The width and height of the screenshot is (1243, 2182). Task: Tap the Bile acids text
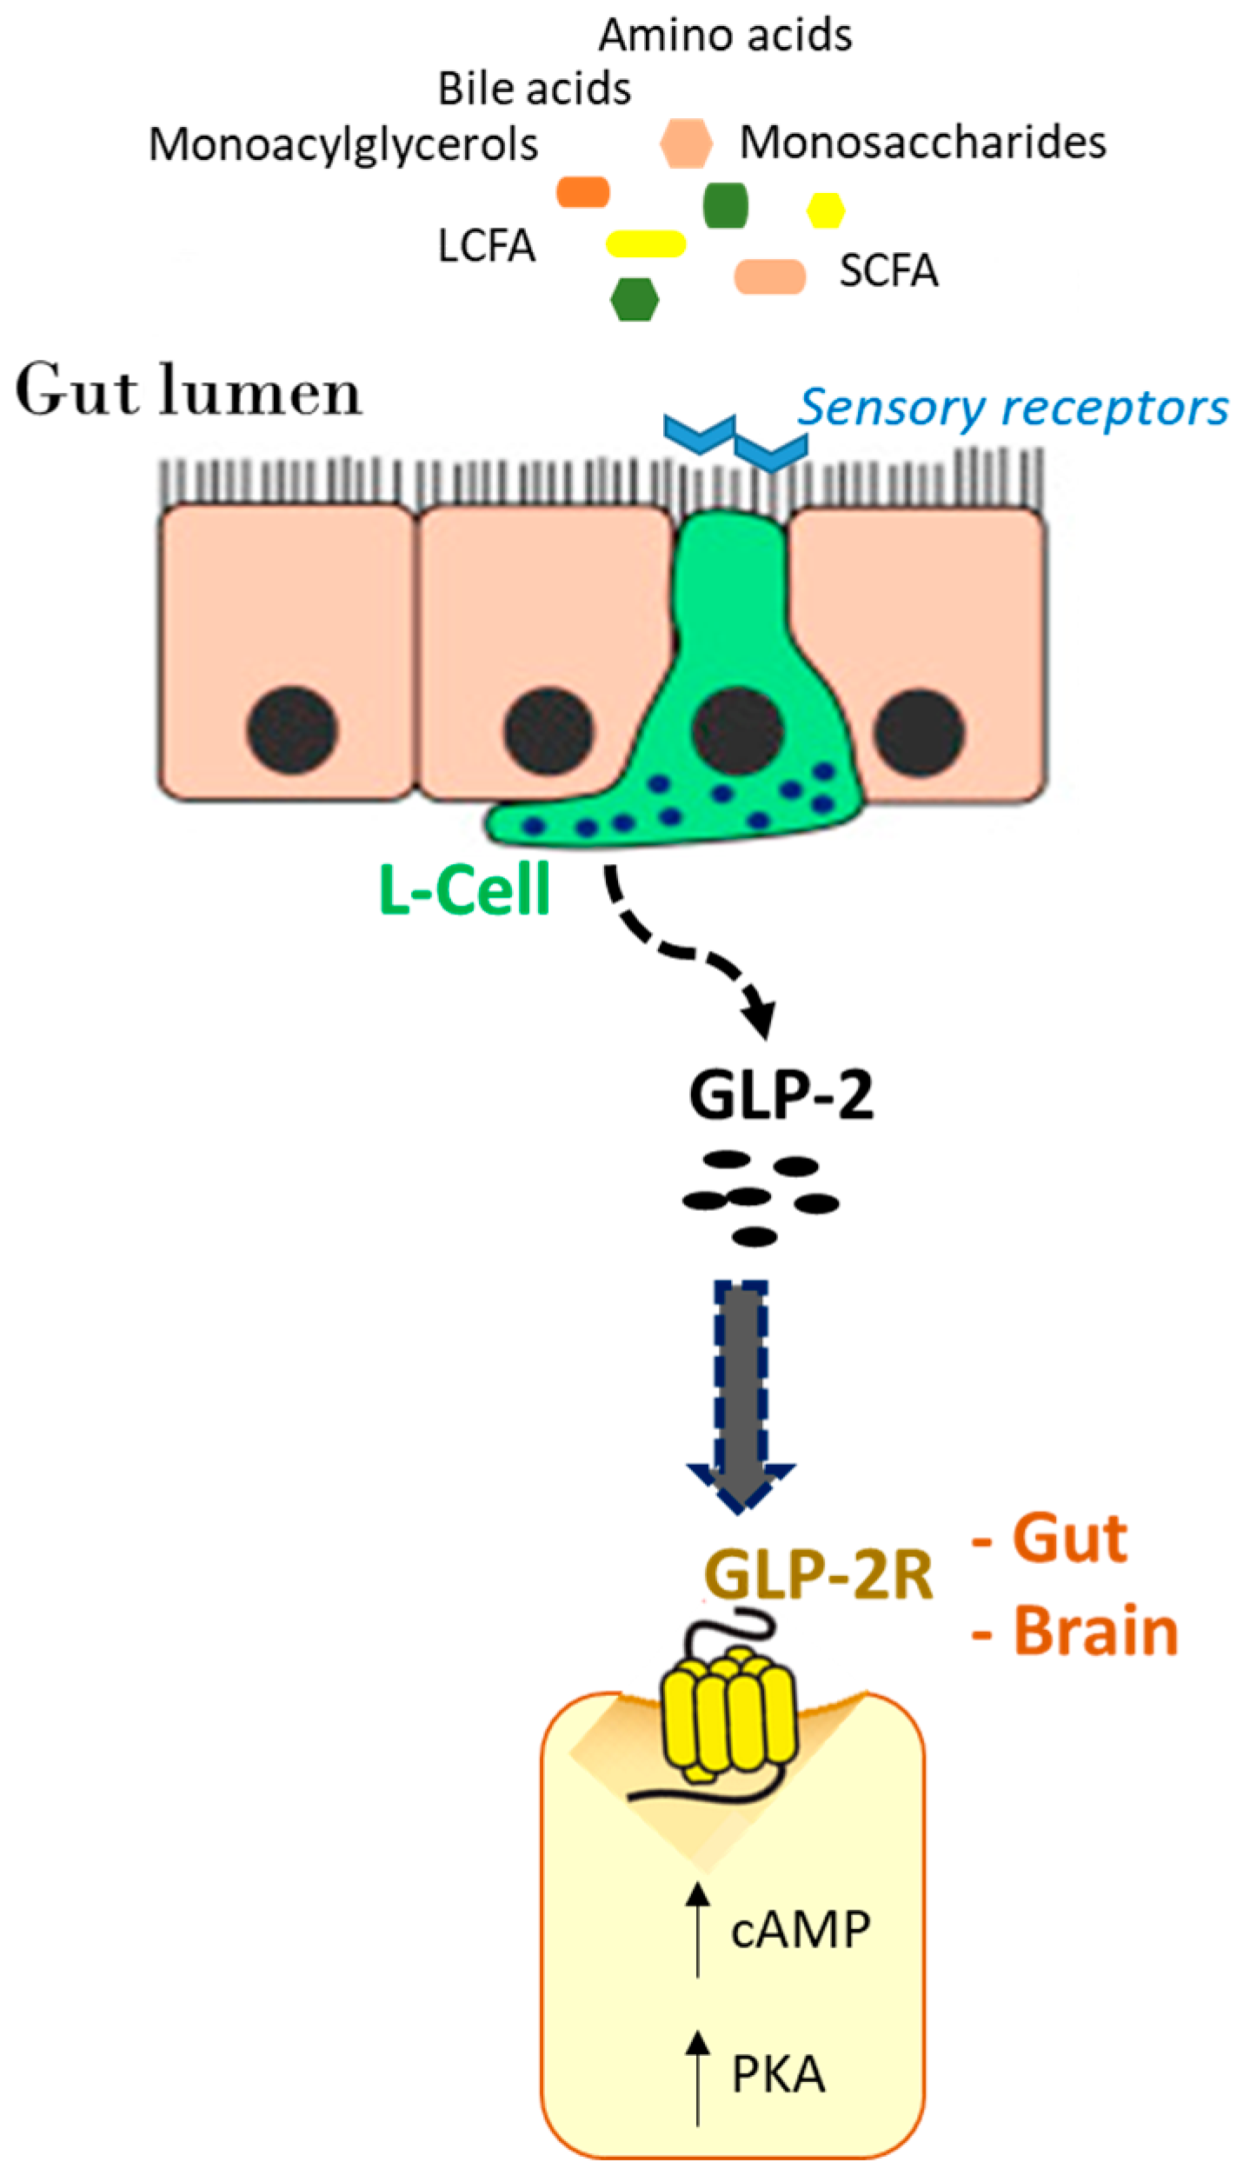pyautogui.click(x=534, y=90)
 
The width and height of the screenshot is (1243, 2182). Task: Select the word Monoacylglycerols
pyautogui.click(x=342, y=144)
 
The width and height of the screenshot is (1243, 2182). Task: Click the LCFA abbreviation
pyautogui.click(x=486, y=246)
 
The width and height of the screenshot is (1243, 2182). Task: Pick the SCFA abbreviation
pyautogui.click(x=887, y=271)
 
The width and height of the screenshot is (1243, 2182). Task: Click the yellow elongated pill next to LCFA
pyautogui.click(x=645, y=243)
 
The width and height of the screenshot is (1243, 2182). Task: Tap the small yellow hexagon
pyautogui.click(x=825, y=210)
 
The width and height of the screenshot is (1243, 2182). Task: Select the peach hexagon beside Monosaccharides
pyautogui.click(x=686, y=143)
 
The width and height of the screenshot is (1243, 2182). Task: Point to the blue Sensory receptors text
pyautogui.click(x=1013, y=408)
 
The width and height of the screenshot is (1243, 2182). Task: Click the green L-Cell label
pyautogui.click(x=465, y=889)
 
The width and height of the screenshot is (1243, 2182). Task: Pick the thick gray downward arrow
pyautogui.click(x=740, y=1391)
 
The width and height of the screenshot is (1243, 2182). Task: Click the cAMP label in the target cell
pyautogui.click(x=800, y=1930)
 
